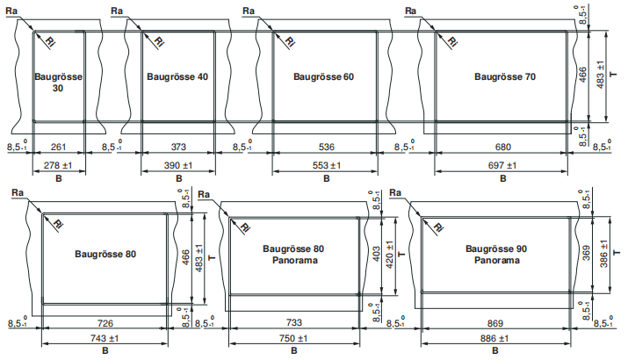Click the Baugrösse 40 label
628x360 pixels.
click(x=177, y=76)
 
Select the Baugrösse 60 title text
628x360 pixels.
click(x=323, y=76)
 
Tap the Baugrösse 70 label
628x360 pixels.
click(x=505, y=76)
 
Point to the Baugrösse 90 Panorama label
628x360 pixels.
click(x=496, y=255)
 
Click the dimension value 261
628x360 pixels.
click(x=59, y=147)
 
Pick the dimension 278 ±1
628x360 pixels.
click(x=58, y=165)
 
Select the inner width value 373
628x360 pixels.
click(x=178, y=147)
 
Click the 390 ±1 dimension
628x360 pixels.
click(x=178, y=165)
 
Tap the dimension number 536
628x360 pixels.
click(x=327, y=147)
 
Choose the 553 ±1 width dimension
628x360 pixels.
click(x=327, y=165)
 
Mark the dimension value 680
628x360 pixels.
click(x=503, y=147)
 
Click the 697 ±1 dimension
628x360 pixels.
click(x=502, y=165)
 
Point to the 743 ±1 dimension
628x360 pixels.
click(x=105, y=338)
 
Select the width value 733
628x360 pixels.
click(x=294, y=322)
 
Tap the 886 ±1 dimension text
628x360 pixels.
click(x=494, y=339)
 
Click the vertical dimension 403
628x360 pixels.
click(x=377, y=254)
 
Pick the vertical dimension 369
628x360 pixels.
click(x=586, y=253)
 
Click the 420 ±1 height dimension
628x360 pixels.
click(x=389, y=255)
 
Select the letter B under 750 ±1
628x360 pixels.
click(x=294, y=351)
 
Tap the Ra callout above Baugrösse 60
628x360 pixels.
click(x=249, y=11)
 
